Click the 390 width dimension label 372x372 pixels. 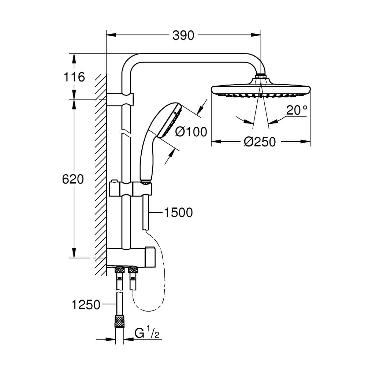[183, 36]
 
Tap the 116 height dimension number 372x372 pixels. [74, 77]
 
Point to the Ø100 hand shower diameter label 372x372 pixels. [191, 132]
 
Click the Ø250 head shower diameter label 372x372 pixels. [260, 142]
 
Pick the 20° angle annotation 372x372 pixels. [297, 110]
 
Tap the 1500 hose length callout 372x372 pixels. [178, 213]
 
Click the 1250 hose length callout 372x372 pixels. [86, 305]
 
